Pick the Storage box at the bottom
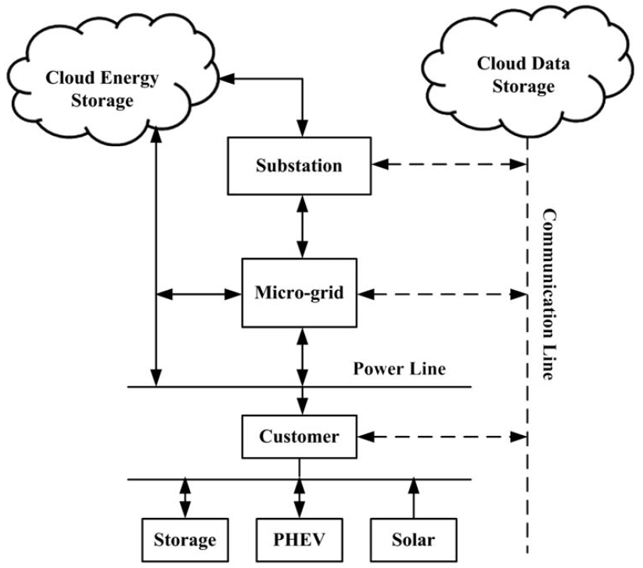(x=184, y=539)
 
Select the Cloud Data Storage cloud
(x=524, y=74)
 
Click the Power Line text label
(x=399, y=368)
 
